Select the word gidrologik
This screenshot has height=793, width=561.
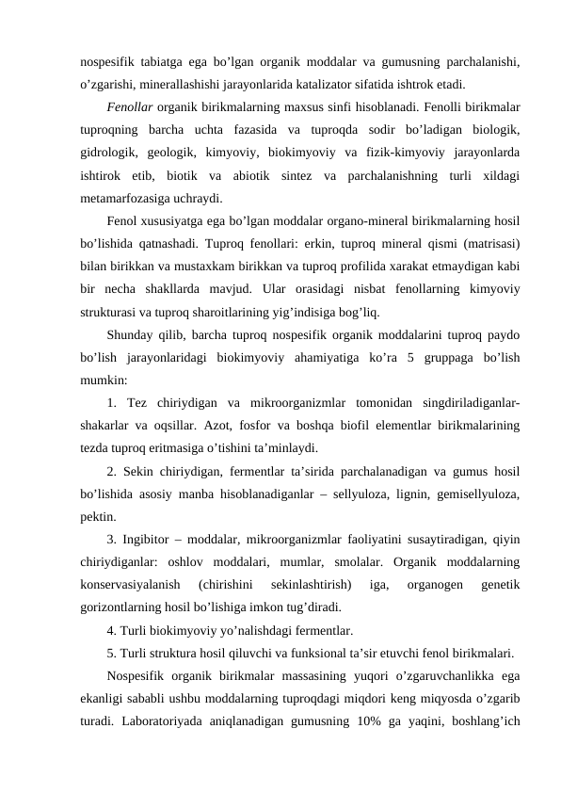tap(112, 153)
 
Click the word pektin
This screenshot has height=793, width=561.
tap(98, 517)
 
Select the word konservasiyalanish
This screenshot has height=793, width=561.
tap(127, 586)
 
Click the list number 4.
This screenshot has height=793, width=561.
tap(111, 631)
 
